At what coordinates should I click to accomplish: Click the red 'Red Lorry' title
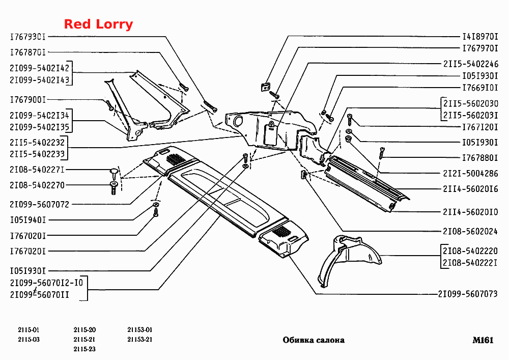pos(98,24)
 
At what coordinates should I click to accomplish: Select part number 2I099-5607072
pos(39,205)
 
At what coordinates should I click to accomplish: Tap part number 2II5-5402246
pos(471,64)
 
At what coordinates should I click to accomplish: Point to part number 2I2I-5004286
pos(470,173)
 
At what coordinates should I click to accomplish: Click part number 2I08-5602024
pos(470,231)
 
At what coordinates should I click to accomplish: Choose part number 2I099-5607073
pos(468,294)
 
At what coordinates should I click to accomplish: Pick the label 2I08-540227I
pos(37,170)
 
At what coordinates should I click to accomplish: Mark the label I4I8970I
pos(480,36)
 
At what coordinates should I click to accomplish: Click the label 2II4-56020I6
pos(470,188)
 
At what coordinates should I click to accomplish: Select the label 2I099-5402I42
pos(39,68)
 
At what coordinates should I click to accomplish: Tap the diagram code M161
pos(483,340)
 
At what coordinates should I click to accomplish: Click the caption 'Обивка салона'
pos(314,340)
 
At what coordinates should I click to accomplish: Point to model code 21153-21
pos(139,339)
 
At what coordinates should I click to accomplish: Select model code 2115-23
pos(84,349)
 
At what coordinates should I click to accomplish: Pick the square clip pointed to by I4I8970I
pos(266,87)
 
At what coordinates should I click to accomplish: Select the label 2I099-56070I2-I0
pos(46,283)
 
